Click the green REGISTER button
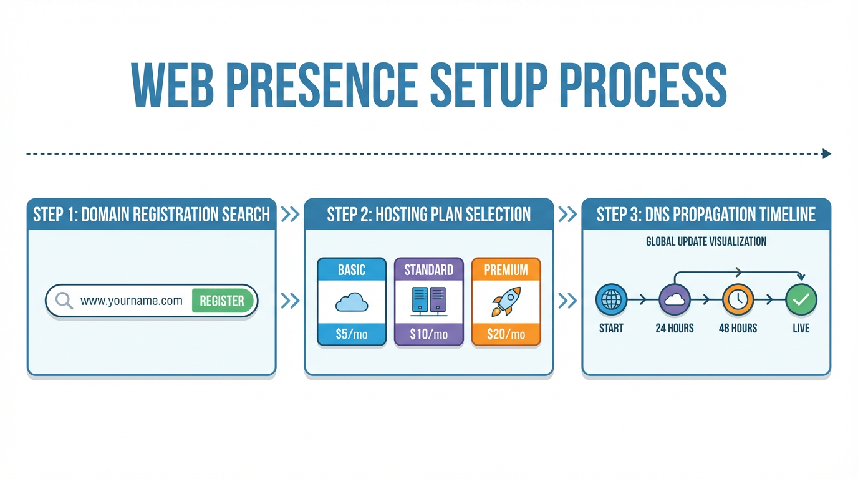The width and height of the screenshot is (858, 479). [222, 301]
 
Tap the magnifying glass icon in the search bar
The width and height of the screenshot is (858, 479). [64, 301]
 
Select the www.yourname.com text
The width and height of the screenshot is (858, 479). [132, 301]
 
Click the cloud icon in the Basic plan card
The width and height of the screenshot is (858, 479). [351, 302]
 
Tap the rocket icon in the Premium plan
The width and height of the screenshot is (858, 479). [506, 302]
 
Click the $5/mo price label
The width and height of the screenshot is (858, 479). [351, 334]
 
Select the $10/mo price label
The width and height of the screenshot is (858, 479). [428, 334]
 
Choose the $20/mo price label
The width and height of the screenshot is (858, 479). [506, 334]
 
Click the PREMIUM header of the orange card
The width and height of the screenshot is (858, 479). [506, 270]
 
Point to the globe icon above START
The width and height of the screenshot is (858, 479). [611, 300]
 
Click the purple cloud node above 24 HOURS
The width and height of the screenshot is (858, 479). [674, 300]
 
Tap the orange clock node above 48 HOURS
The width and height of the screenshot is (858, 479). [738, 300]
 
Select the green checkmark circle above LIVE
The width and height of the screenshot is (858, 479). [801, 300]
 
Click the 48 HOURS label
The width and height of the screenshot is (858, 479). [738, 328]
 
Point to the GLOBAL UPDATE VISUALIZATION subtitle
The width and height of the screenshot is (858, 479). [706, 241]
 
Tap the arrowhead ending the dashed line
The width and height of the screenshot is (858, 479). [827, 153]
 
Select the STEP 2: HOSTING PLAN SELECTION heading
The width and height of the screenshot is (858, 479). [428, 215]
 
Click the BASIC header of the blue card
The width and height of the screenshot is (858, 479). [351, 270]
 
